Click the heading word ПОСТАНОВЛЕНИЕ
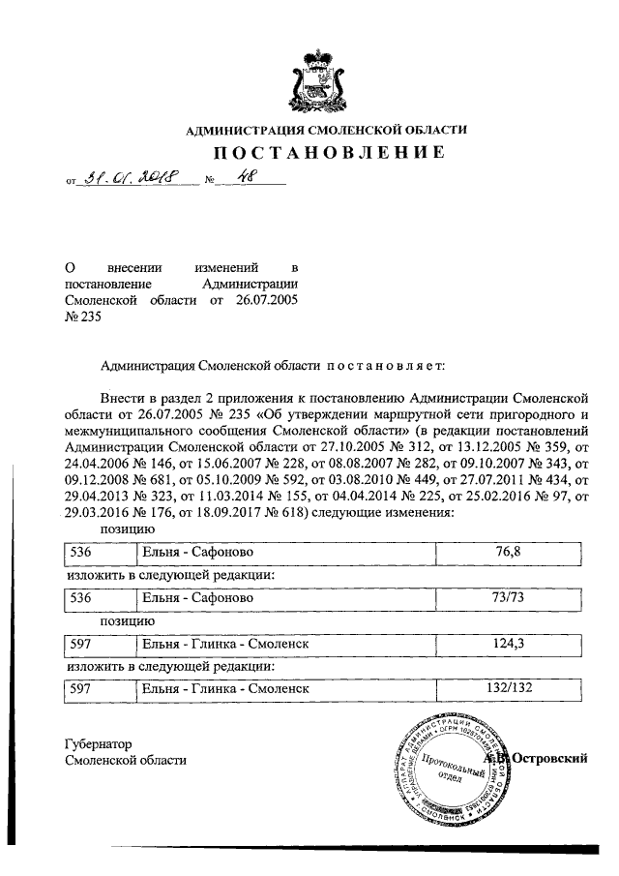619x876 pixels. [x=328, y=152]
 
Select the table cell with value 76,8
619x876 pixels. [x=509, y=553]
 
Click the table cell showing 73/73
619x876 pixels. [x=509, y=599]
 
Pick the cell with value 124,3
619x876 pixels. [x=509, y=643]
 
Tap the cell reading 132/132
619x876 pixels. [x=509, y=688]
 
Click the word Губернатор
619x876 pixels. [x=98, y=744]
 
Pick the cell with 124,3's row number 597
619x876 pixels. [x=80, y=643]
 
